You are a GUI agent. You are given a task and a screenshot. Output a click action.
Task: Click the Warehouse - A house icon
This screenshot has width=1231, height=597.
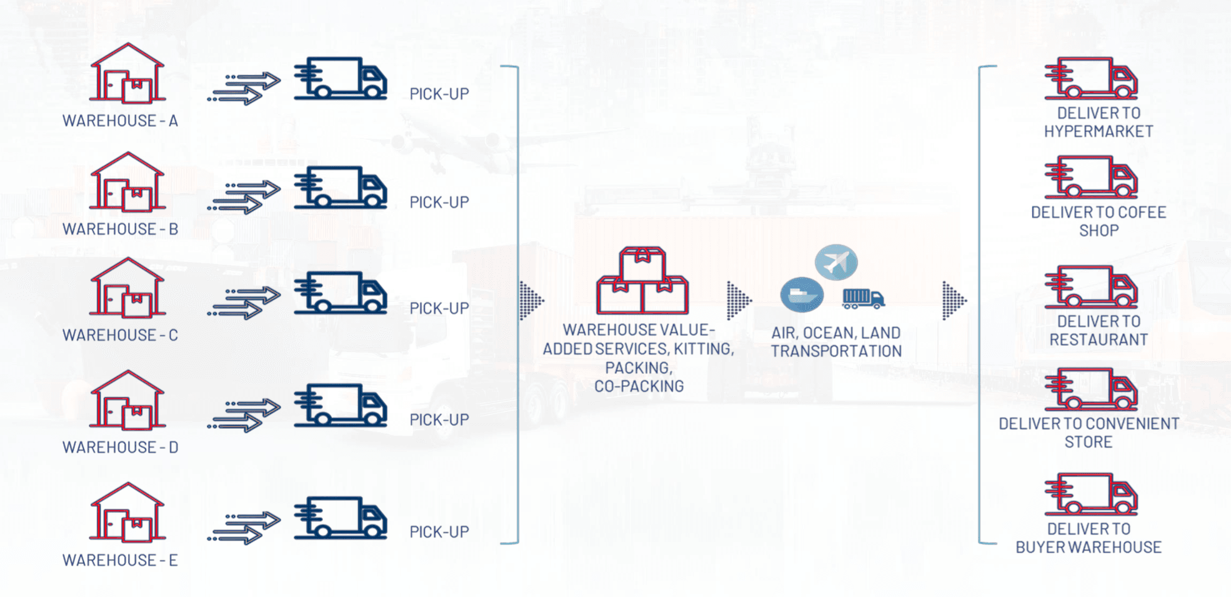tap(127, 73)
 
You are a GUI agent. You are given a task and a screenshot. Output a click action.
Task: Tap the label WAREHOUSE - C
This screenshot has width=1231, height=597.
tap(120, 335)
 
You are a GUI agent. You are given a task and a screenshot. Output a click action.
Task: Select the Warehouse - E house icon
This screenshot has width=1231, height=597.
tap(127, 512)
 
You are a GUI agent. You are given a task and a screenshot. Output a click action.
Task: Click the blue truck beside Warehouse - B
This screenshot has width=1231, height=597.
tap(341, 187)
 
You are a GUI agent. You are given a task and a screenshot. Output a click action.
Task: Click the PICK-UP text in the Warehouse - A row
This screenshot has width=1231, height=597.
tap(439, 94)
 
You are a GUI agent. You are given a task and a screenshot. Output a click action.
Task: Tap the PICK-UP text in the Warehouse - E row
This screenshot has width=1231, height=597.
tap(439, 532)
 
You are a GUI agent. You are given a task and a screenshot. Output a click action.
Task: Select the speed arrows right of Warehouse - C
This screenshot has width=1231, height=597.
tap(244, 302)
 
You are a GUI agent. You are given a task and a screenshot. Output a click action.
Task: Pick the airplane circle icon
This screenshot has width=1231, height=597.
tap(836, 262)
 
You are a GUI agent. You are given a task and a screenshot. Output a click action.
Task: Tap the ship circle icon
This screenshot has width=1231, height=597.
tap(802, 294)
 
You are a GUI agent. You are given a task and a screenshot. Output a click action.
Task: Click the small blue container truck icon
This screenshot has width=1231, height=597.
tap(863, 299)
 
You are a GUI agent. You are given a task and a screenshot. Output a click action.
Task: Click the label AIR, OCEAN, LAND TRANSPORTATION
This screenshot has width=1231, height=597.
tap(836, 342)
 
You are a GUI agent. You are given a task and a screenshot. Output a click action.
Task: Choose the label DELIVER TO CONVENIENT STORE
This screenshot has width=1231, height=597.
tap(1089, 433)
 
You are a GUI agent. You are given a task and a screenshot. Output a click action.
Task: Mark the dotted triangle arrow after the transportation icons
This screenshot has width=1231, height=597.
tap(954, 301)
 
